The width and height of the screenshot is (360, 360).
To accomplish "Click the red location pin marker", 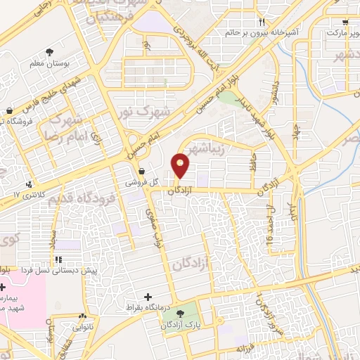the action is (x=181, y=166).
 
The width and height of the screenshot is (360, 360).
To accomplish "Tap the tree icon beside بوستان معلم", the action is (x=49, y=51).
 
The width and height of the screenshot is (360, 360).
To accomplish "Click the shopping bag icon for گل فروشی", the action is (x=142, y=171).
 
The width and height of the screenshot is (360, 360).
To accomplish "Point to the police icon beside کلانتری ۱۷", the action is (x=28, y=184).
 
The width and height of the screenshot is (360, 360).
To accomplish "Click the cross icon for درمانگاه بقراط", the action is (x=147, y=297).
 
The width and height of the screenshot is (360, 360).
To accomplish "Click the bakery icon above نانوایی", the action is (x=84, y=317).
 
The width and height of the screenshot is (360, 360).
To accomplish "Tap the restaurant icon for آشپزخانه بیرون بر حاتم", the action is (x=262, y=22).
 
